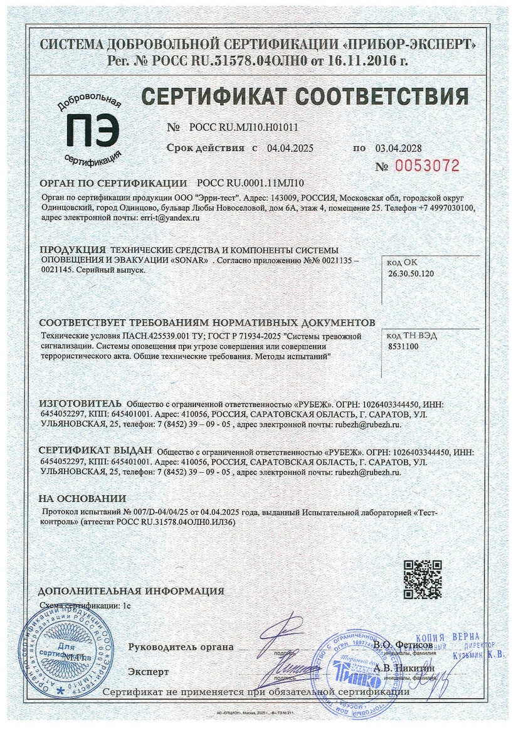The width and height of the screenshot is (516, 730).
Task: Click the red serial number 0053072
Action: (x=427, y=166)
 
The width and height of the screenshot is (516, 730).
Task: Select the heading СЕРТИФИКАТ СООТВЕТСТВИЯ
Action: (x=304, y=97)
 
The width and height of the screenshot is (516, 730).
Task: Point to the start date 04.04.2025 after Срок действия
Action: (x=290, y=148)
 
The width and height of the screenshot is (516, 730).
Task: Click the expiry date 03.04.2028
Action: (x=398, y=148)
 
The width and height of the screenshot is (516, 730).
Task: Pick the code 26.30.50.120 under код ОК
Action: (x=411, y=274)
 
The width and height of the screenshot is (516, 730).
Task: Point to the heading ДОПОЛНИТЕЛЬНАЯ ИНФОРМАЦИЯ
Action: (x=131, y=591)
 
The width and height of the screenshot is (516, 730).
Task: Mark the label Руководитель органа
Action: (x=181, y=647)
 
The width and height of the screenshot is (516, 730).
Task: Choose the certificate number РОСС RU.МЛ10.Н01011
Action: (x=243, y=127)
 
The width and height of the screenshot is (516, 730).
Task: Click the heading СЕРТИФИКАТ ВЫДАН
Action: (x=96, y=451)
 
